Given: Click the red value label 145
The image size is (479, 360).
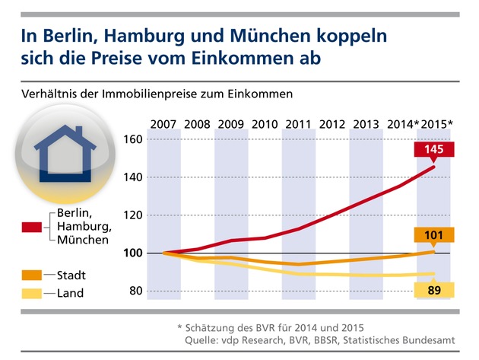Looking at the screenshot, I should tap(434, 151).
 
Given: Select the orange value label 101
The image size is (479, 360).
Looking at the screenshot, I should tap(434, 235).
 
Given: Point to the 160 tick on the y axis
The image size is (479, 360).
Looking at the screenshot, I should tap(135, 140).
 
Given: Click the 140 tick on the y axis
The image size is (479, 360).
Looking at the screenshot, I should tap(135, 177).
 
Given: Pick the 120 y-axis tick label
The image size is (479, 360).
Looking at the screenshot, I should tap(135, 215).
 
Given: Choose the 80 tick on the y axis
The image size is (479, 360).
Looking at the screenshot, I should tap(138, 291).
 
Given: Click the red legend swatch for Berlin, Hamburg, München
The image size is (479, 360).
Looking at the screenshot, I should tap(32, 227).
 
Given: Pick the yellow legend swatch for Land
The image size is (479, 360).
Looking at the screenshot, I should tap(32, 292).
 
